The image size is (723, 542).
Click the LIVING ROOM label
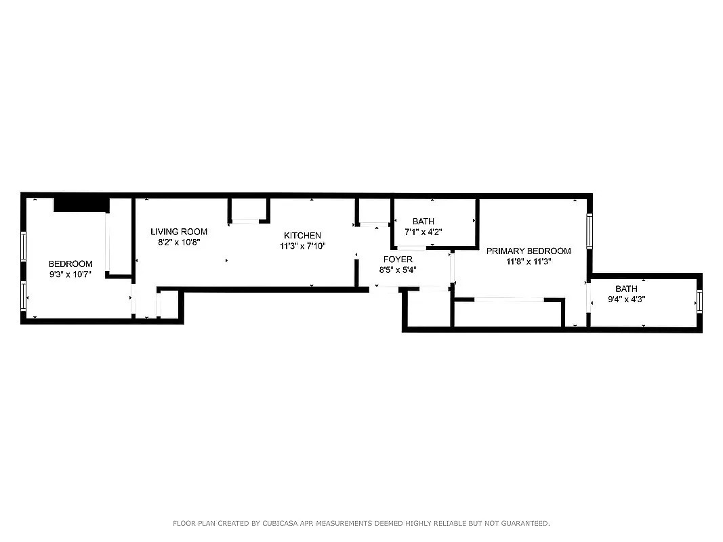coord(179,232)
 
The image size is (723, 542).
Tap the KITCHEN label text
coord(302,236)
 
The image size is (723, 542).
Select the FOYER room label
coord(398,259)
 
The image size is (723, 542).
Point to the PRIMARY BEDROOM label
coord(529,251)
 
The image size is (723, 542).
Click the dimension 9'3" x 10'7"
coord(70,274)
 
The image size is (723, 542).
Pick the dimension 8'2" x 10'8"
coord(179,243)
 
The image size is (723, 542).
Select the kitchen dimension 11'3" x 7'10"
coord(302,246)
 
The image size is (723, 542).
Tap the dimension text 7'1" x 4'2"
coord(424,232)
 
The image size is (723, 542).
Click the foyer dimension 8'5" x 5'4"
coord(398,270)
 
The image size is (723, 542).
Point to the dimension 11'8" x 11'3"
coord(529,262)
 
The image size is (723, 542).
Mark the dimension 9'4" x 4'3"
coord(626,299)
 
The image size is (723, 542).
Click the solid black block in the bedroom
coord(81,205)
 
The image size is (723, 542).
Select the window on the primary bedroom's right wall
coord(590,231)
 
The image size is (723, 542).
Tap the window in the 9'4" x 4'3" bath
coord(699,302)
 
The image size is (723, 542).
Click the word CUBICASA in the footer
coord(280,524)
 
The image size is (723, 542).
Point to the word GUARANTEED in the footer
coord(525,524)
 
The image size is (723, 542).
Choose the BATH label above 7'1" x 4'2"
coord(424,222)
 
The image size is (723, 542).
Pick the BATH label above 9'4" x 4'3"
coord(626,289)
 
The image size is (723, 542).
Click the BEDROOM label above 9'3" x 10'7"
coord(70,264)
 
